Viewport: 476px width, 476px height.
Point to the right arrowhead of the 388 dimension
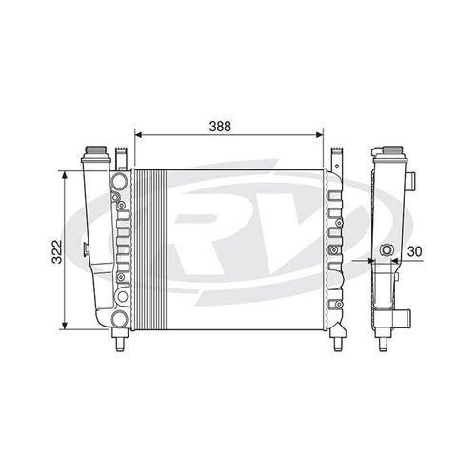tap(327, 134)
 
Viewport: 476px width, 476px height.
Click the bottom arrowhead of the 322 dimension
tap(64, 326)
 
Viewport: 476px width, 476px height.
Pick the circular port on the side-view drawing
tap(386, 251)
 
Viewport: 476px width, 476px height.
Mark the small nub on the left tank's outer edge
tap(85, 251)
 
